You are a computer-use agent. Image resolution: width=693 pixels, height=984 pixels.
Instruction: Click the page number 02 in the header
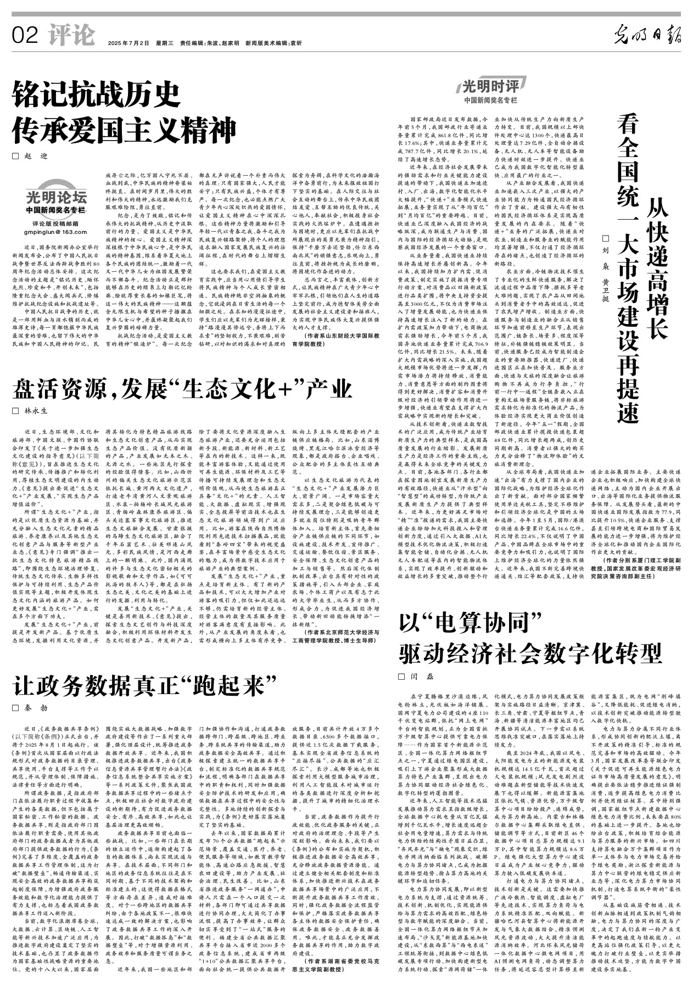[x=24, y=36]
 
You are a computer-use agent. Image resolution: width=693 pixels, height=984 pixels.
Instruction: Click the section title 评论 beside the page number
[x=71, y=36]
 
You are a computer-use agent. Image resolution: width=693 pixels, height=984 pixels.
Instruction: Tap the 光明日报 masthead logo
[x=647, y=36]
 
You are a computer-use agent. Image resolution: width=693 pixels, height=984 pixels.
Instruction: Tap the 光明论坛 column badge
[x=57, y=198]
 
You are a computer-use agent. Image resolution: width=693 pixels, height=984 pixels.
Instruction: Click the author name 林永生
[x=36, y=411]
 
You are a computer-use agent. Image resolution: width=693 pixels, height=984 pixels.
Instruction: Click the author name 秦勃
[x=36, y=708]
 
